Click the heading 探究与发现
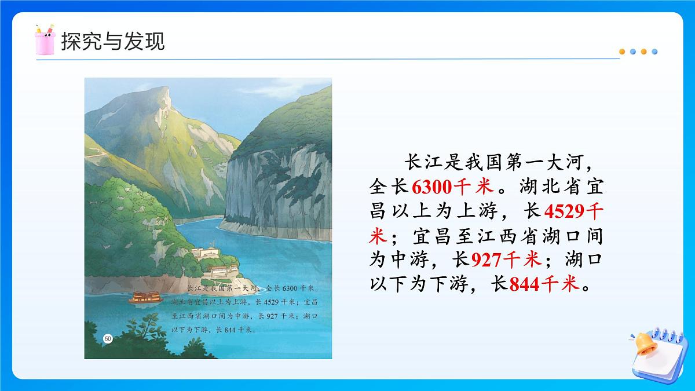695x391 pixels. (x=113, y=41)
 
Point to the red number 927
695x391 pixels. (x=487, y=261)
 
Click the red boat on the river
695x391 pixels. (x=142, y=297)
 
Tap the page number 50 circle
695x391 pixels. (x=108, y=338)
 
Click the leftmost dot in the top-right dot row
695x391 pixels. (x=622, y=52)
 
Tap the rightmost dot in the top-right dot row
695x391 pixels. (x=654, y=52)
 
